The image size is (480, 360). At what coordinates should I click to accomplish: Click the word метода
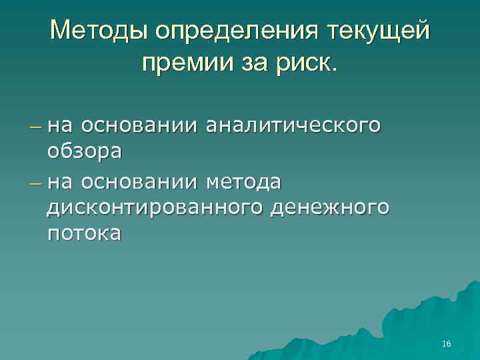coord(244,181)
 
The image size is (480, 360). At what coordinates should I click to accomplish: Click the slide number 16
coord(446,344)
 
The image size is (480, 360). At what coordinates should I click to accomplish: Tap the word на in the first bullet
coord(61,125)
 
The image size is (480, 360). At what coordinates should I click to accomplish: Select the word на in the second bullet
coord(61,181)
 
